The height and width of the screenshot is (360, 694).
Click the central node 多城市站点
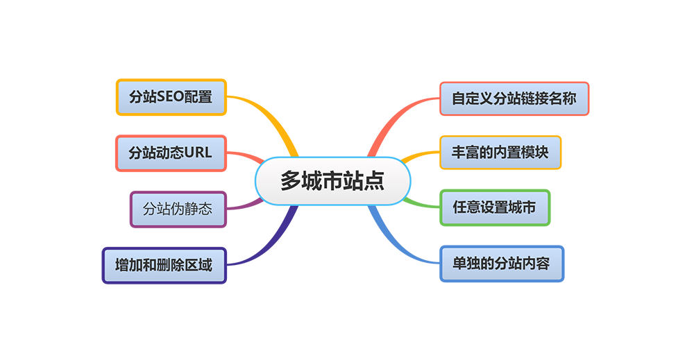pyautogui.click(x=332, y=182)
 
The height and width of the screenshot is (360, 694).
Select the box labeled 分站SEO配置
pyautogui.click(x=171, y=97)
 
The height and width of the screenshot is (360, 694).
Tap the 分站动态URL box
pyautogui.click(x=171, y=153)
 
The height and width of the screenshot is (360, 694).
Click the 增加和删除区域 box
pyautogui.click(x=164, y=265)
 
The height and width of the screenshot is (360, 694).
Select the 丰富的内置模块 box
pyautogui.click(x=500, y=153)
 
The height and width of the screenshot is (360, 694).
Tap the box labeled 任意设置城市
pyautogui.click(x=494, y=207)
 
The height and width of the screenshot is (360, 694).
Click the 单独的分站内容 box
pyautogui.click(x=501, y=264)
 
